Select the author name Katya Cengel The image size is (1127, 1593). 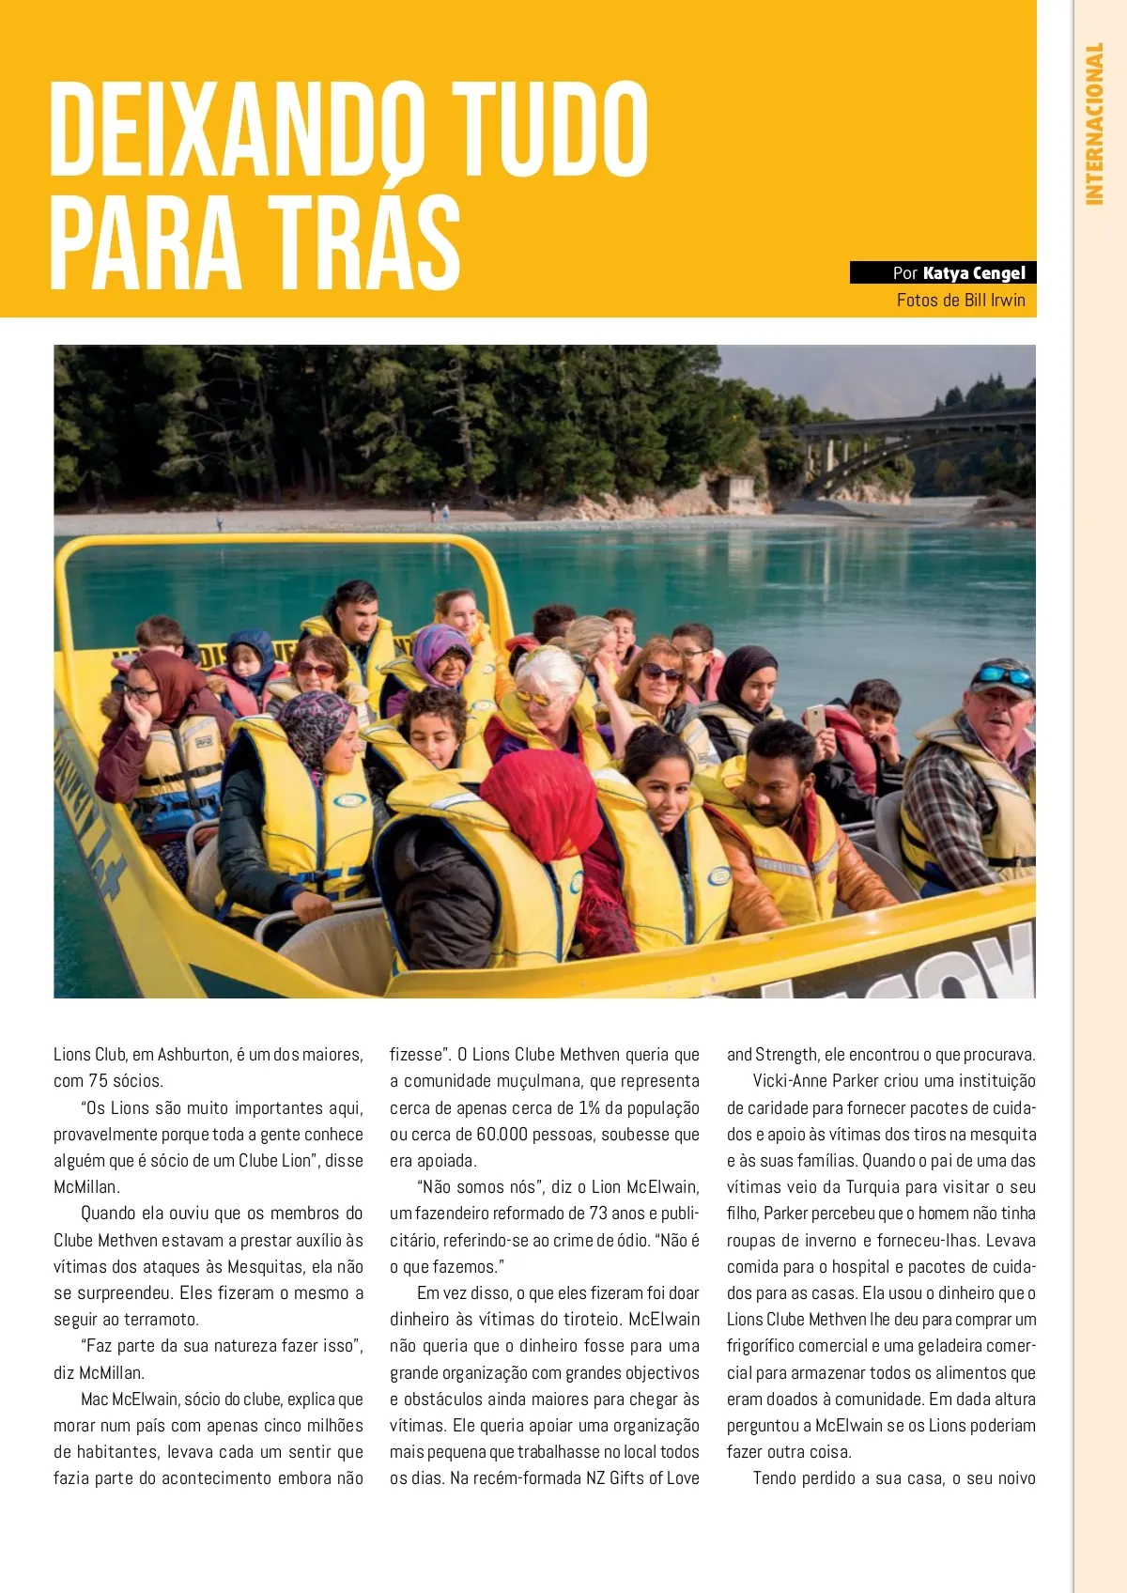click(974, 273)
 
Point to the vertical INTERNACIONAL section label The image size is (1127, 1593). click(1094, 123)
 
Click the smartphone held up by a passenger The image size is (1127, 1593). click(815, 719)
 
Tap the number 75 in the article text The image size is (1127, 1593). click(99, 1081)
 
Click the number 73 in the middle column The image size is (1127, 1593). click(598, 1214)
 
